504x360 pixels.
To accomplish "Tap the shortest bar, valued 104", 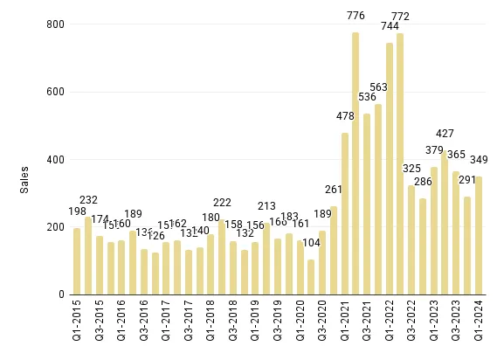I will [x=311, y=277].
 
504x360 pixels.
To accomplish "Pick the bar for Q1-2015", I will [x=77, y=261].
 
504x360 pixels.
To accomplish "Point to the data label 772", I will [x=400, y=17].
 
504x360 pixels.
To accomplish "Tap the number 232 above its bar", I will [x=89, y=200].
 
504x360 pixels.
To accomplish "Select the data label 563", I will [x=378, y=87].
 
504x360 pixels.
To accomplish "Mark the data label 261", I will [x=334, y=190].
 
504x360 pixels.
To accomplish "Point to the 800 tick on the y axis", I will [x=55, y=24].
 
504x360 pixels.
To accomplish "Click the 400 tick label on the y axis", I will [x=55, y=160].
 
